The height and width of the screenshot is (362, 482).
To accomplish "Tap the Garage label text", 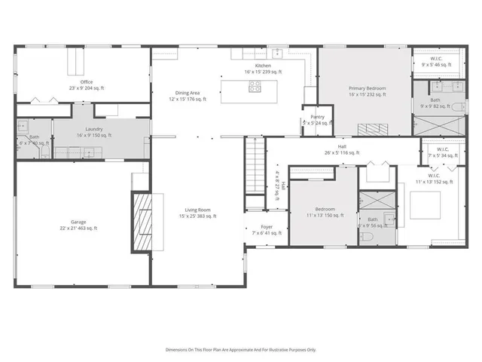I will tap(78, 225).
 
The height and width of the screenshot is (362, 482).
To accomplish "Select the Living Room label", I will tap(198, 213).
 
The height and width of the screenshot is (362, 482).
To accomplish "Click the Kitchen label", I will tap(262, 69).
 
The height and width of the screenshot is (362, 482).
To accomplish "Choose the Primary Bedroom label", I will tap(367, 91).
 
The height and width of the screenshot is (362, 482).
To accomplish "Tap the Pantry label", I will tap(317, 119).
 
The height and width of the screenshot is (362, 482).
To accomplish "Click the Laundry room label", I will tap(93, 132).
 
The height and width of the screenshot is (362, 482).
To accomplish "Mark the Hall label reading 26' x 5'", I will tap(342, 149).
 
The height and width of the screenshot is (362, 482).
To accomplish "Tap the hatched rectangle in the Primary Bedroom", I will tap(371, 128).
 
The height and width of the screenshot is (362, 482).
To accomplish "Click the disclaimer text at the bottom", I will tap(241, 350).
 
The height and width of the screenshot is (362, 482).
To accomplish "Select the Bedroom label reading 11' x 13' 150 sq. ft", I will tap(325, 212).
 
